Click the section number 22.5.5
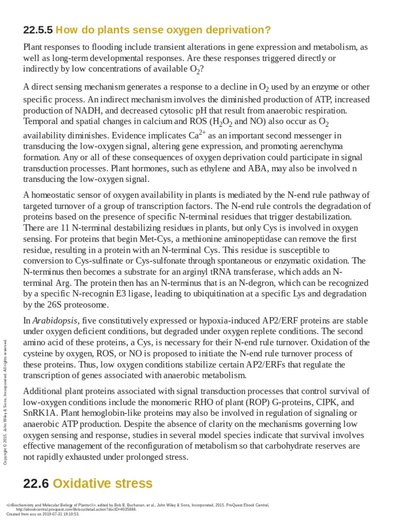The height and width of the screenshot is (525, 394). [37, 30]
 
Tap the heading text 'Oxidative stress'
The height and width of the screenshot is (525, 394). [103, 483]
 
